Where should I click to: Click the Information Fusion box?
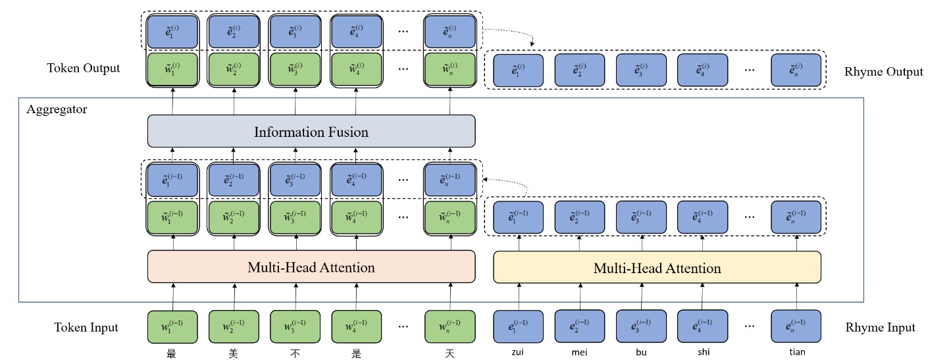click(311, 132)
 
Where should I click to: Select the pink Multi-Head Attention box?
click(311, 267)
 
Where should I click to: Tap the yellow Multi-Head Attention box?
click(657, 268)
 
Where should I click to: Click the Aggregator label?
click(57, 109)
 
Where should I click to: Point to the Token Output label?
click(84, 68)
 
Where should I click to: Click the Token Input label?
click(86, 327)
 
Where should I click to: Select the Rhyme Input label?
click(880, 327)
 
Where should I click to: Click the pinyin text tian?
click(796, 352)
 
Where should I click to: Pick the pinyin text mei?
click(580, 352)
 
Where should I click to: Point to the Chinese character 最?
click(172, 353)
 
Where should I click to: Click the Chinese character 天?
click(450, 353)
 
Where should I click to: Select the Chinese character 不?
click(295, 353)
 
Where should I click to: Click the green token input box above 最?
click(172, 327)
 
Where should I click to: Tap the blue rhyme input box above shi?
click(703, 327)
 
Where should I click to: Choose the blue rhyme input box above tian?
click(796, 327)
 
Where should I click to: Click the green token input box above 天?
click(450, 327)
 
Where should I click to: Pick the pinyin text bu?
click(641, 352)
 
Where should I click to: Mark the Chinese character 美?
click(234, 353)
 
